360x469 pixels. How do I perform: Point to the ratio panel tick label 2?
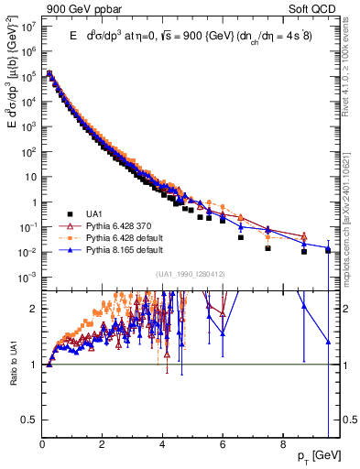[35, 309]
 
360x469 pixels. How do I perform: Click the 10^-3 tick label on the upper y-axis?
[27, 277]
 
